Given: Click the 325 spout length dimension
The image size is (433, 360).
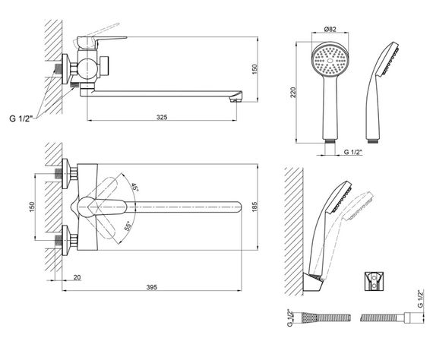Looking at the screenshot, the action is [x=162, y=117].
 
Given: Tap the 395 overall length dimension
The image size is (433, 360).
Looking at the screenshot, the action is [x=152, y=287].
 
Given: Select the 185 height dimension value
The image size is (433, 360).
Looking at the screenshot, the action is [x=254, y=207].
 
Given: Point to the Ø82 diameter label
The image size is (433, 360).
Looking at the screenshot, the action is [x=330, y=29].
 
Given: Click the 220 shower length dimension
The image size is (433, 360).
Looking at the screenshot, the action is [x=293, y=93].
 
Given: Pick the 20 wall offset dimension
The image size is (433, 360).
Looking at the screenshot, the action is [x=77, y=277].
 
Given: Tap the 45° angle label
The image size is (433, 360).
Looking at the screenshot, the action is [x=134, y=187].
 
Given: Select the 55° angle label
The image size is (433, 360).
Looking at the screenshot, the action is [x=128, y=226].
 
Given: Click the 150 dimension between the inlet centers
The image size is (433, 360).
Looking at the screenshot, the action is [x=33, y=207].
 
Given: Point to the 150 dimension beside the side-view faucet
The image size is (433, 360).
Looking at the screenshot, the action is [x=254, y=69].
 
